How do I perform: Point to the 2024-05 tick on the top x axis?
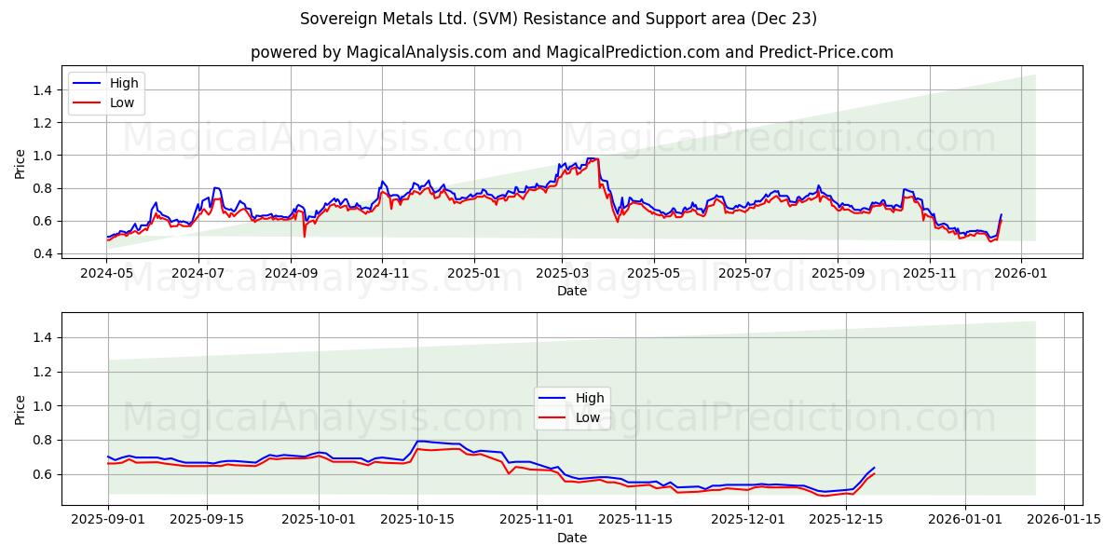(107, 273)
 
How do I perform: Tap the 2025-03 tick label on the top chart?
(562, 273)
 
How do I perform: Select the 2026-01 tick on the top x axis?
(1021, 273)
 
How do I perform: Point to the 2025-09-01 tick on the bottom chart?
(108, 520)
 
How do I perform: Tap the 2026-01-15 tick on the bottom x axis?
(1063, 520)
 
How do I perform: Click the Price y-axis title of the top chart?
(20, 164)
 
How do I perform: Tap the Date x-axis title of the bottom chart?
(571, 539)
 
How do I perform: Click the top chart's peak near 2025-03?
(593, 158)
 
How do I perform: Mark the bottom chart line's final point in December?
(874, 468)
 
